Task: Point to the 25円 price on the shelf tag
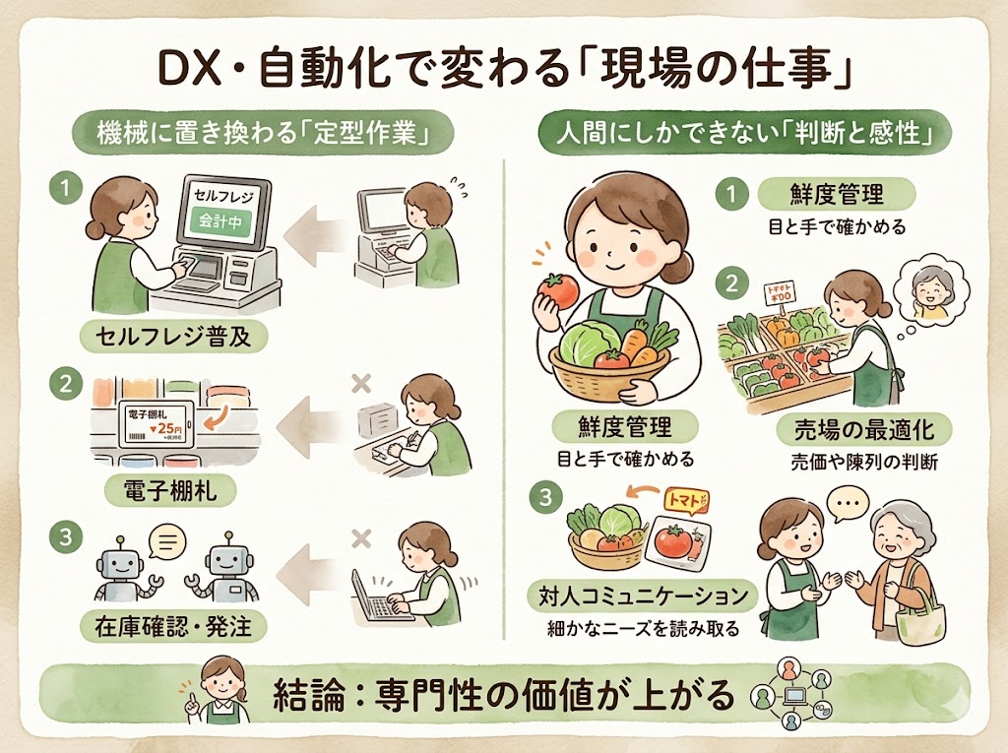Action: pos(166,429)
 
